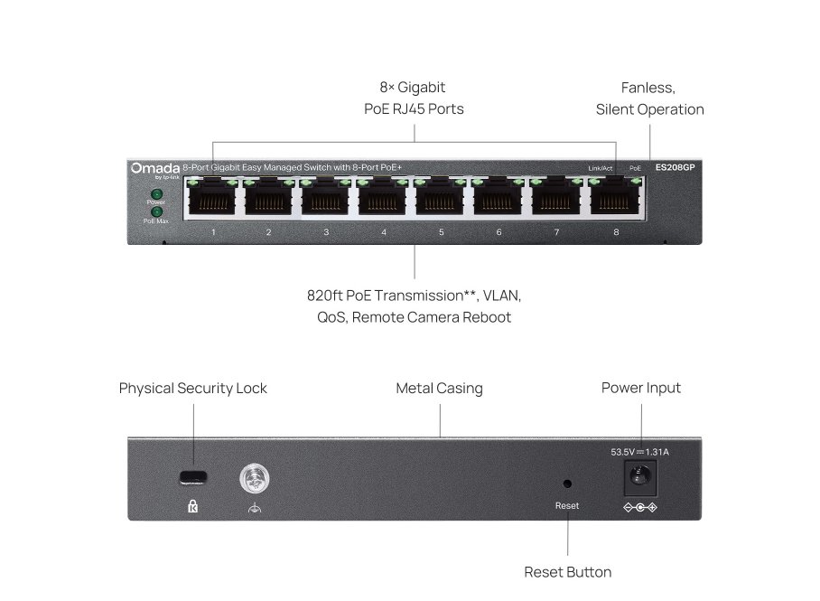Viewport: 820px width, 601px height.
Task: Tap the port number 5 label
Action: tap(442, 232)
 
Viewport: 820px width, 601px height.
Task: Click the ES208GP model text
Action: tap(676, 167)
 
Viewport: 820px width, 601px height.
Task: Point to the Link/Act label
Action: tap(600, 168)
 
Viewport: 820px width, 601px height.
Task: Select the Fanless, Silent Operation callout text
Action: tap(649, 99)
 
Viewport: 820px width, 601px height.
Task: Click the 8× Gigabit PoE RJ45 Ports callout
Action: tap(413, 99)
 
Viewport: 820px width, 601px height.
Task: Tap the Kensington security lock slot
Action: tap(193, 477)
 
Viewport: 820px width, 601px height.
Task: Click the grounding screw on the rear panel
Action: tap(255, 479)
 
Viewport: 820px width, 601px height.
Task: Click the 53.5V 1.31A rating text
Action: tap(640, 451)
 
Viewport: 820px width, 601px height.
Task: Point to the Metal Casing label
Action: tap(439, 389)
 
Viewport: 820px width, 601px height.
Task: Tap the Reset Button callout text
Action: tap(567, 572)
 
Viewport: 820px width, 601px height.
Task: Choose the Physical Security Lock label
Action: tap(193, 389)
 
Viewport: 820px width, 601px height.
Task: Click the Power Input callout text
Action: tap(641, 388)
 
